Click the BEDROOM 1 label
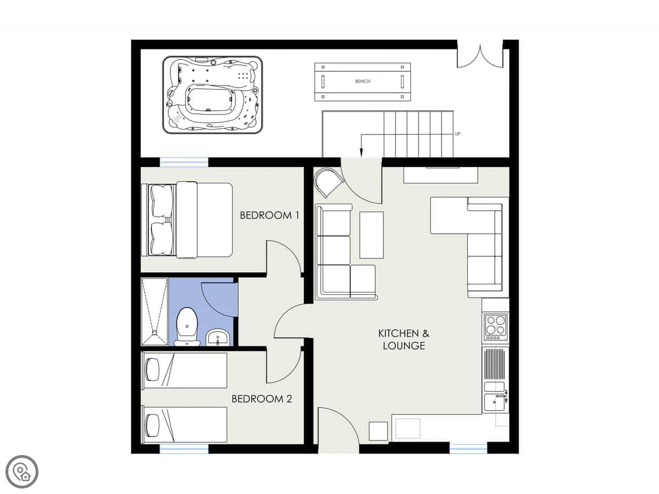[269, 215]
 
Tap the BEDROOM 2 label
[262, 399]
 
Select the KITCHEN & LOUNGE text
[404, 340]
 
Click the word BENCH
[362, 81]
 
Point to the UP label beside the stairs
[457, 134]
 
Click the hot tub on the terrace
[213, 95]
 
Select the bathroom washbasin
[218, 337]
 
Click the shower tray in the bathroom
[154, 312]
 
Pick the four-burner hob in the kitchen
[495, 327]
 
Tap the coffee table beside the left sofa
[371, 235]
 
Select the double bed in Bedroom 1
[187, 220]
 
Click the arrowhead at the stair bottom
[361, 153]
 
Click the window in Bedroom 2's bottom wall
[184, 448]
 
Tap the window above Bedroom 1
[184, 162]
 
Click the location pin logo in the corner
[22, 472]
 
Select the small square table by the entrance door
[378, 431]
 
